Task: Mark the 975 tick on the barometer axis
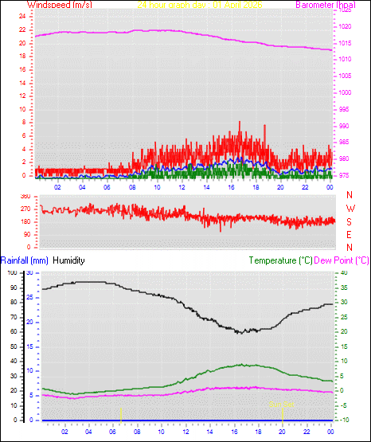(x=344, y=175)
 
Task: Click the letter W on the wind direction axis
(x=350, y=209)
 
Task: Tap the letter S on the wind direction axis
(x=350, y=221)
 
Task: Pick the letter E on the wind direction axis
(x=350, y=234)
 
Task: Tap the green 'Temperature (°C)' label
(x=280, y=260)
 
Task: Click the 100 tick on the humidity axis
(x=11, y=272)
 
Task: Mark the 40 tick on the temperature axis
(x=344, y=272)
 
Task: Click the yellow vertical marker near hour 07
(x=121, y=413)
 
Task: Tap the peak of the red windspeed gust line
(x=240, y=123)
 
